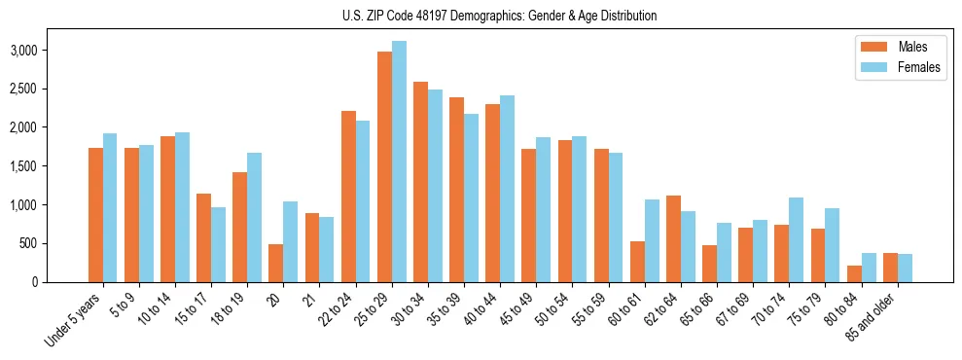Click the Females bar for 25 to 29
tap(399, 162)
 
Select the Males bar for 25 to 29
tap(384, 166)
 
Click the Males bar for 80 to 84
tap(854, 273)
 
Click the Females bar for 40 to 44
tap(507, 189)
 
